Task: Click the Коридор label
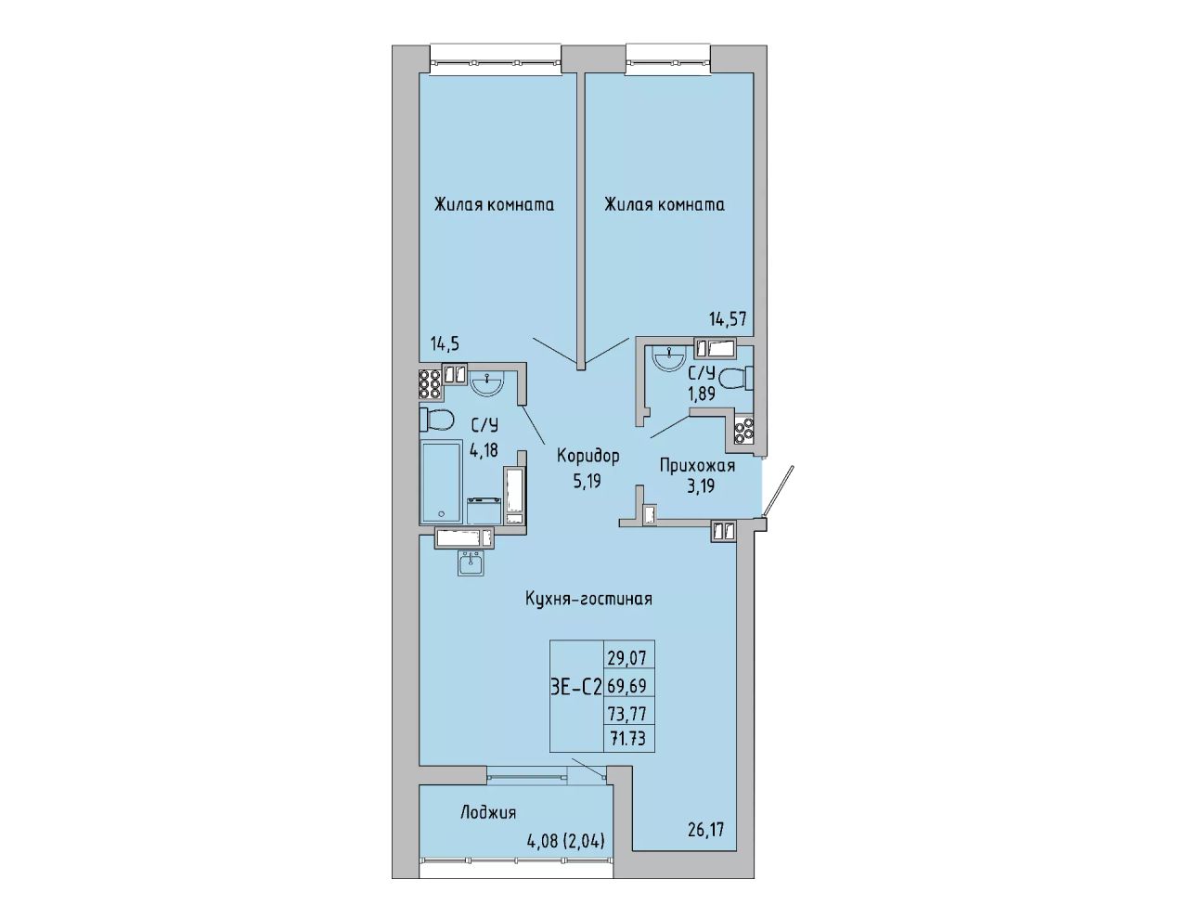click(588, 456)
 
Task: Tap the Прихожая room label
click(697, 466)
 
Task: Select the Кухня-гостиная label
click(588, 600)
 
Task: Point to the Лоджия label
click(488, 813)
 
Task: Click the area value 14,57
click(728, 318)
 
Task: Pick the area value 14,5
click(445, 344)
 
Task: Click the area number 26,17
click(705, 831)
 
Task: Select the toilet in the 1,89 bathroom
click(736, 378)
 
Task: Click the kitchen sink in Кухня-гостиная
click(471, 563)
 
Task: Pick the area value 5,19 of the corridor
click(588, 482)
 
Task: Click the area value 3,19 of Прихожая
click(701, 485)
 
